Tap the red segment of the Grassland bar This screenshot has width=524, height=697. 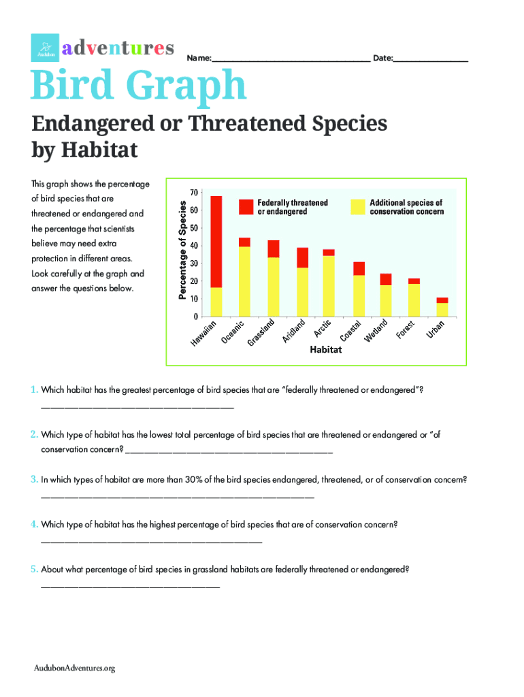pyautogui.click(x=273, y=248)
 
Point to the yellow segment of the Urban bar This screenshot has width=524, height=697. pyautogui.click(x=442, y=310)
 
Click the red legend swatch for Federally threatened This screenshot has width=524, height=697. pyautogui.click(x=245, y=207)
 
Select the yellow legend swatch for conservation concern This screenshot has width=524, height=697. pyautogui.click(x=357, y=207)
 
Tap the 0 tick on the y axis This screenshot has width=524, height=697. pyautogui.click(x=195, y=317)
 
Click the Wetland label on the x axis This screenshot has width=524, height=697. pyautogui.click(x=376, y=329)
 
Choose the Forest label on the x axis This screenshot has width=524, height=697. pyautogui.click(x=406, y=329)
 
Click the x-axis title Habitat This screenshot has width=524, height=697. pyautogui.click(x=325, y=351)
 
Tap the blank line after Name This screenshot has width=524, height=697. pyautogui.click(x=291, y=61)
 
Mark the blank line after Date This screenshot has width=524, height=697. pyautogui.click(x=431, y=61)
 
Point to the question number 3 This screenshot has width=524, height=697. pyautogui.click(x=33, y=479)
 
